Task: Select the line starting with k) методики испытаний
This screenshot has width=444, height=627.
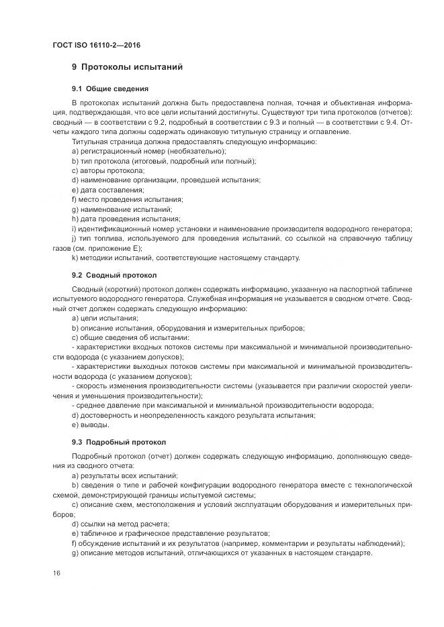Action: (x=185, y=258)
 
